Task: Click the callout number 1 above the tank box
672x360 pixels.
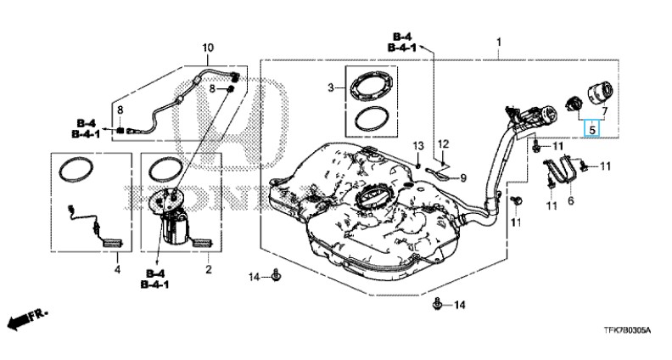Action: point(498,42)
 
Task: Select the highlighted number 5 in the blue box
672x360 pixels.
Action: point(592,128)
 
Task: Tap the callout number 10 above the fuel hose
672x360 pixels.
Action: point(207,48)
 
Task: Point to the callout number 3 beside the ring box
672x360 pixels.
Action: point(330,88)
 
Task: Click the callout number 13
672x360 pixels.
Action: point(418,145)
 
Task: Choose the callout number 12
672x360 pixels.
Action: point(443,143)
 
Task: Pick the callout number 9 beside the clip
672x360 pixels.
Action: point(463,177)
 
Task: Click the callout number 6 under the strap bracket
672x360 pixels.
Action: point(570,200)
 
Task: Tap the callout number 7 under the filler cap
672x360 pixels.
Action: point(604,111)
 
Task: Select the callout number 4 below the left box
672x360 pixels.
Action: point(117,270)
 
